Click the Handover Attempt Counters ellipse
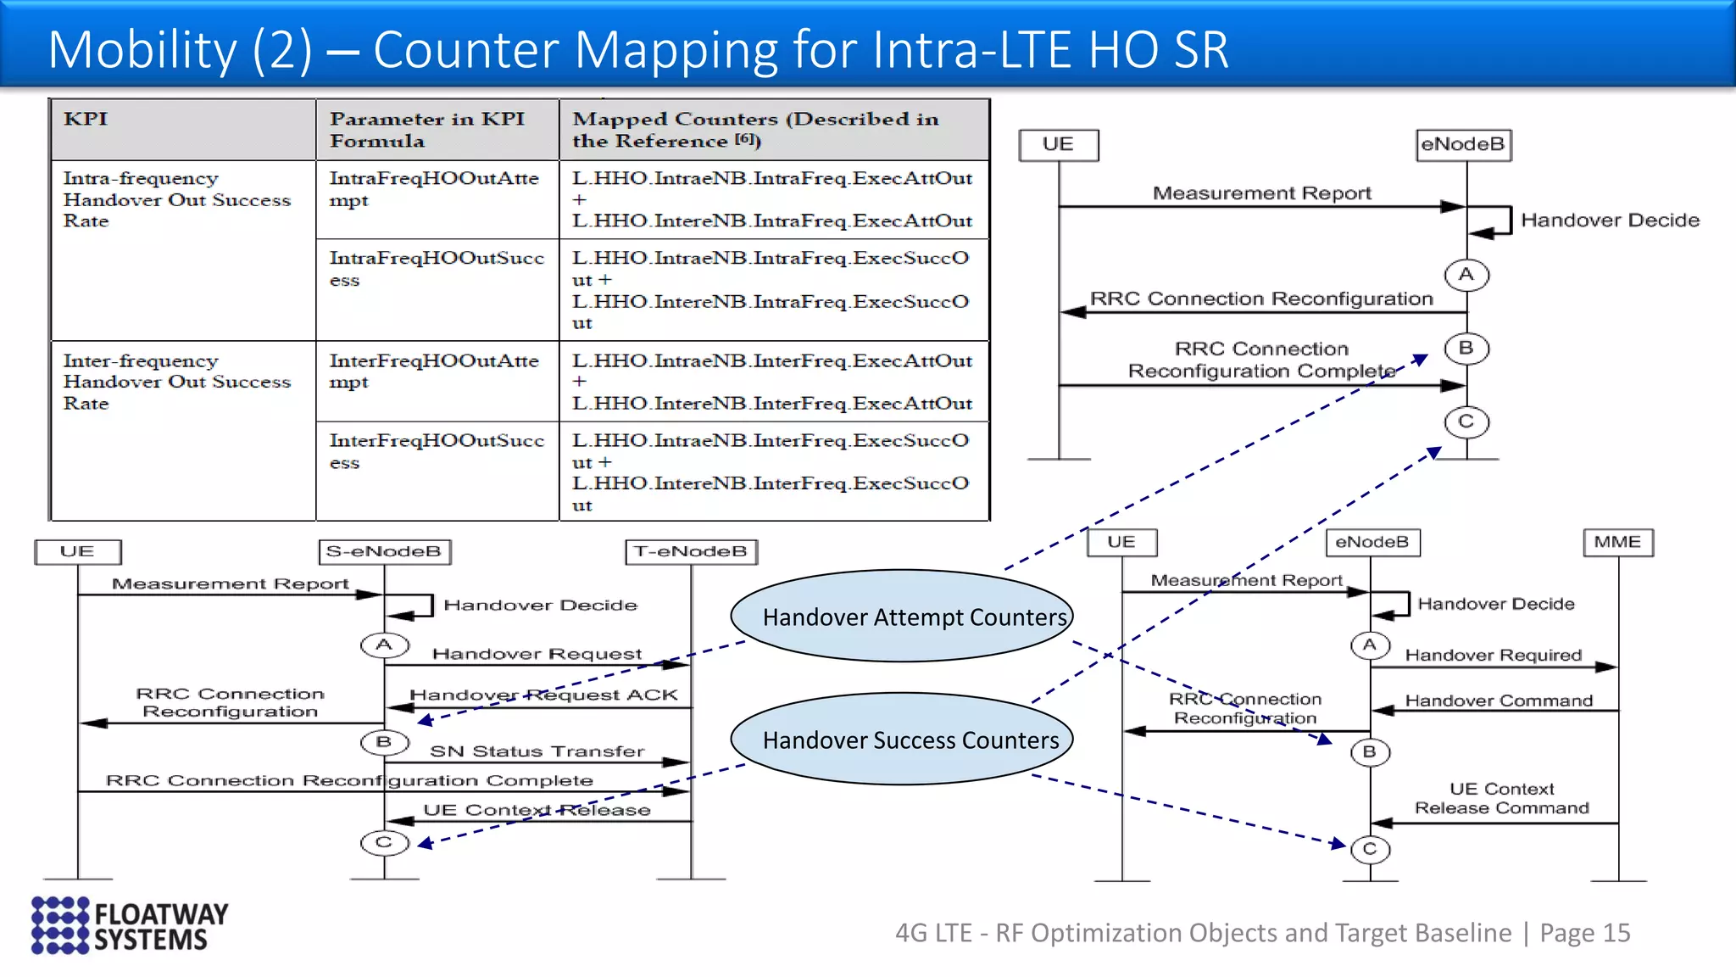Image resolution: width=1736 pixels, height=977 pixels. [902, 617]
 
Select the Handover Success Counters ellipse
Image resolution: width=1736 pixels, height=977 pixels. [902, 740]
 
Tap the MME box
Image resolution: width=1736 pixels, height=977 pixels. [1617, 542]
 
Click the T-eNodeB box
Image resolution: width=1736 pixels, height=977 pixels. [691, 551]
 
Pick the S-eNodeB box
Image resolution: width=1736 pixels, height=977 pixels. [384, 551]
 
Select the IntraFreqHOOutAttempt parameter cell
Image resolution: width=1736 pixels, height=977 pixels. [437, 199]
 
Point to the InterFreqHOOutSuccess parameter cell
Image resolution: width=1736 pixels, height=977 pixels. [437, 471]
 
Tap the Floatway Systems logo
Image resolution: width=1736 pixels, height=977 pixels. [130, 925]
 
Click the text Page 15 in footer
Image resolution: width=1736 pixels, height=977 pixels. [1584, 933]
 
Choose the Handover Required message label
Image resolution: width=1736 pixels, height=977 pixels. [1493, 655]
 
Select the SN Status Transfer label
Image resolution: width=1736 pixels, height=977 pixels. [537, 751]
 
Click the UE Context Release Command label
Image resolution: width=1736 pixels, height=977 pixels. [1501, 798]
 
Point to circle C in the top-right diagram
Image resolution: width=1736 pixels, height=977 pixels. [1466, 422]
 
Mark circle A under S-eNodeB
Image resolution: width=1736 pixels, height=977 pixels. [384, 645]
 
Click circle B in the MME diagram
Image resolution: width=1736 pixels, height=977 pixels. [1369, 752]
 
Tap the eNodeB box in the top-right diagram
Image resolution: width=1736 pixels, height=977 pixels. [1463, 144]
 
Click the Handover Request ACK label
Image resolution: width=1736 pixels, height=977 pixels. [543, 695]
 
